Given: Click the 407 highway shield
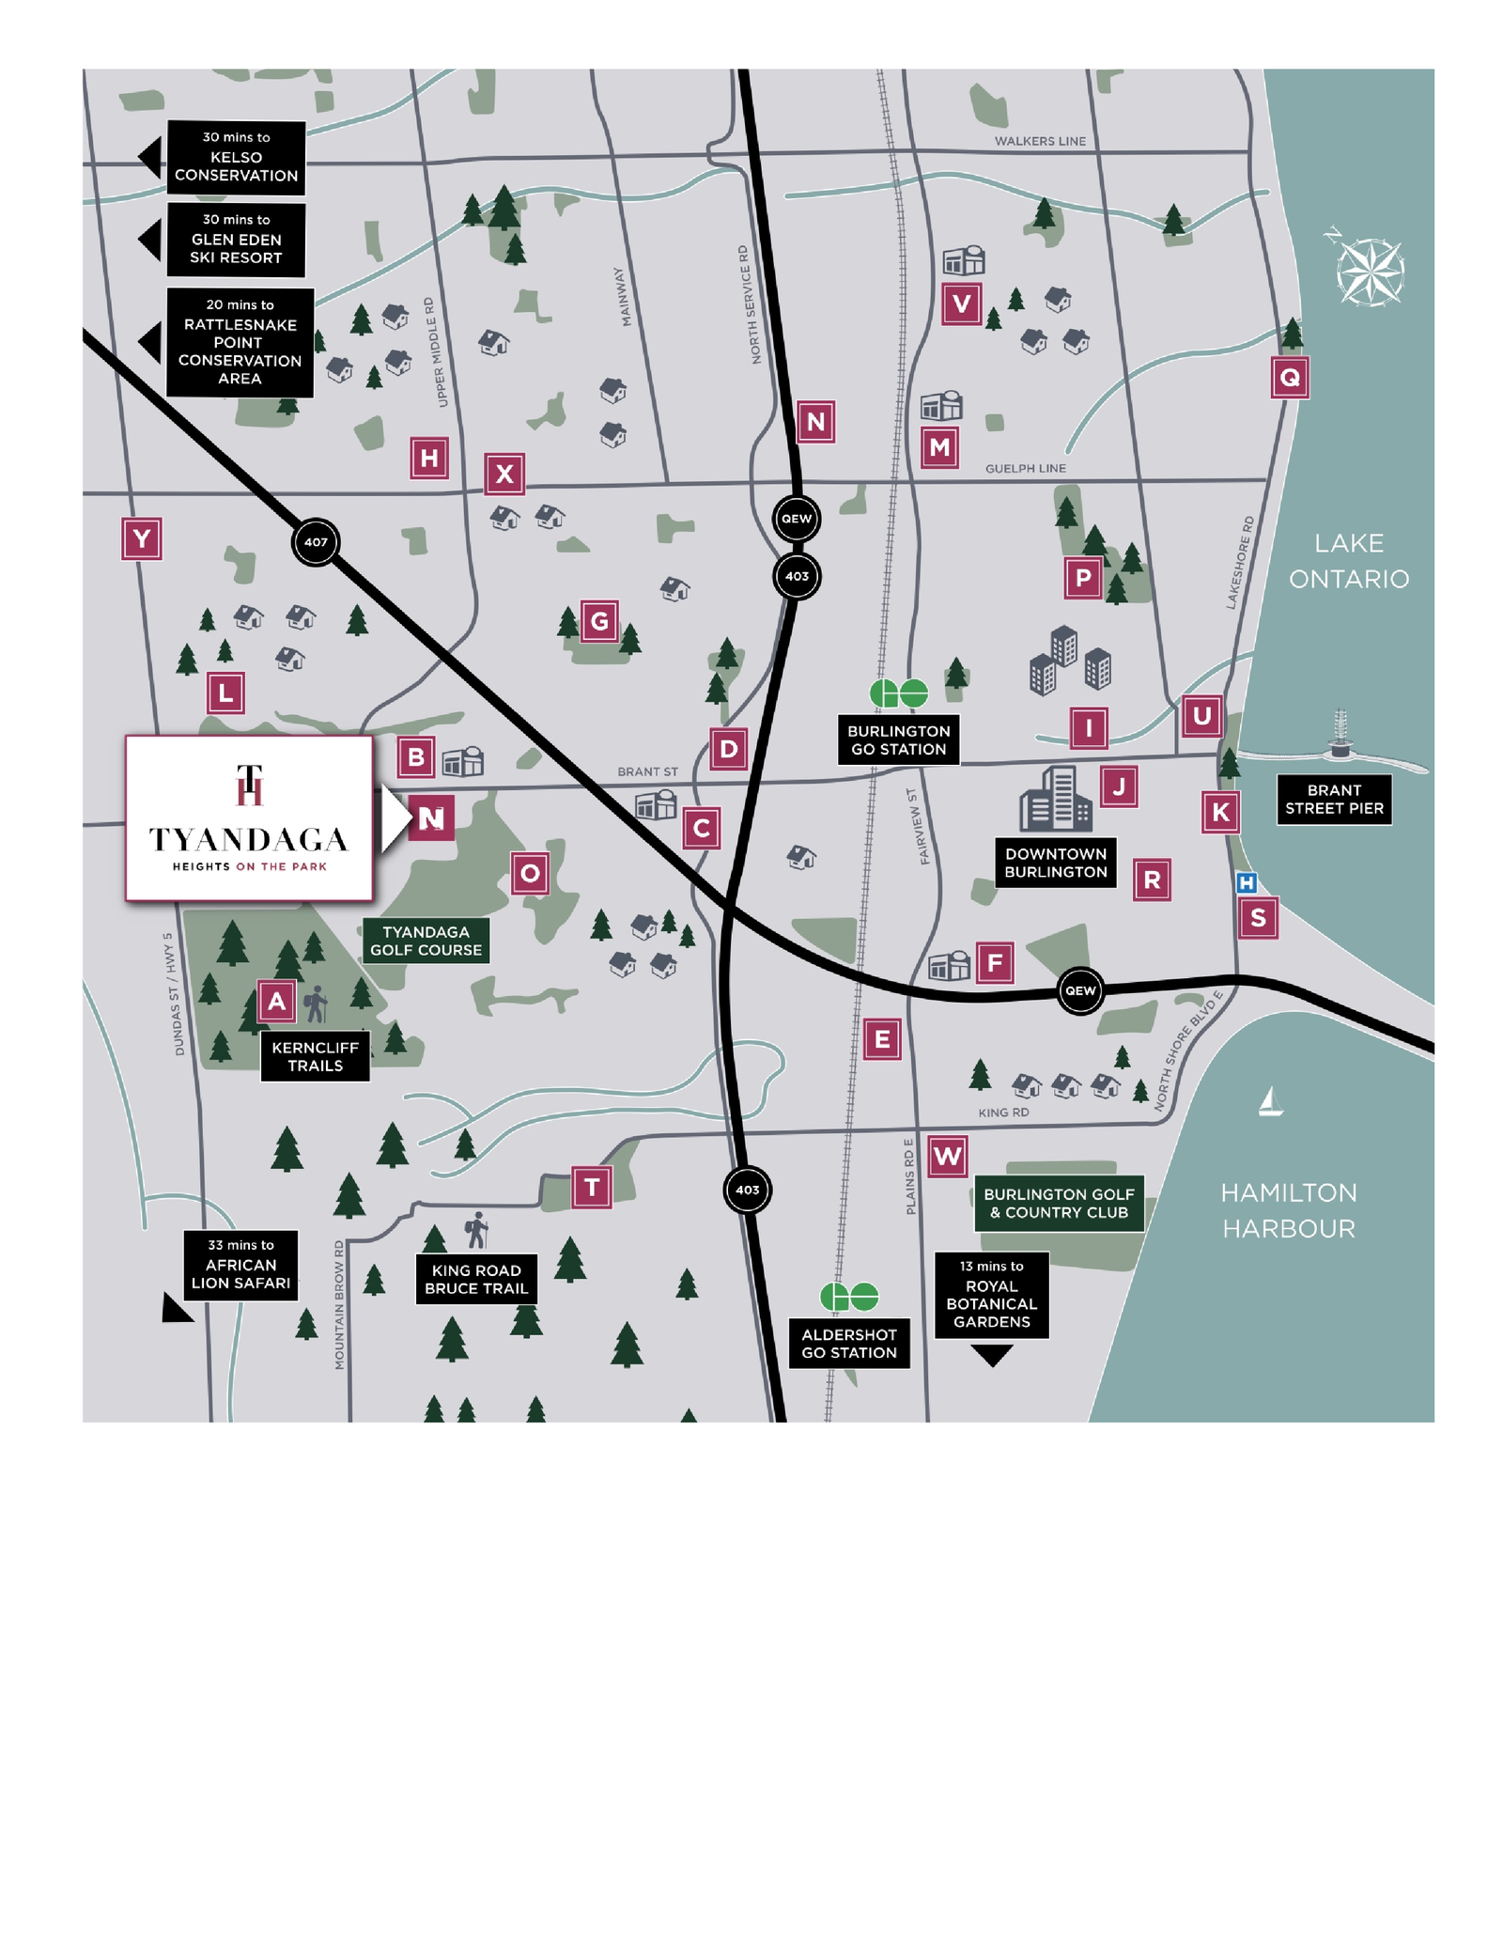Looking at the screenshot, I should (x=316, y=542).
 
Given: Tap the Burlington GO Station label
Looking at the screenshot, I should (x=898, y=740).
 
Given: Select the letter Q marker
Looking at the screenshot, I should (x=1290, y=378).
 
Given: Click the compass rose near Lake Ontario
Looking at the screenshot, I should (x=1371, y=272).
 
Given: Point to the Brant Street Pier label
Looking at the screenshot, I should (x=1334, y=800).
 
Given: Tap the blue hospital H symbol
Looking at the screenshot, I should (x=1247, y=882).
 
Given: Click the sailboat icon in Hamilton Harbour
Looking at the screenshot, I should (x=1270, y=1102).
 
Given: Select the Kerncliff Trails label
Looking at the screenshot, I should (x=315, y=1056).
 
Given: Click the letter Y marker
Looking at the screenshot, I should (x=142, y=539).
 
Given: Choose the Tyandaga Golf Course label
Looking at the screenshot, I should (x=426, y=941).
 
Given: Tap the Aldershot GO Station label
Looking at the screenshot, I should (x=849, y=1344).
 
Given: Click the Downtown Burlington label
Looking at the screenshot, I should (x=1056, y=863).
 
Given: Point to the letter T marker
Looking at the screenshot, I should (x=592, y=1188).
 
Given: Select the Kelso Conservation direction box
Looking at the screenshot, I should (x=236, y=158).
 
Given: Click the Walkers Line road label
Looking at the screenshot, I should (x=1040, y=141).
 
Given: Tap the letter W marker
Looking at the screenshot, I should (x=947, y=1157).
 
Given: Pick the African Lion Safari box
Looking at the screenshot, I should (x=240, y=1265).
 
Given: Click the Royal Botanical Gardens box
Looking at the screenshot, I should (x=991, y=1295).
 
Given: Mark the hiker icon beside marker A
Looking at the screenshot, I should (x=318, y=1004).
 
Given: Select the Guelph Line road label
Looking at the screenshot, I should (x=1025, y=468).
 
